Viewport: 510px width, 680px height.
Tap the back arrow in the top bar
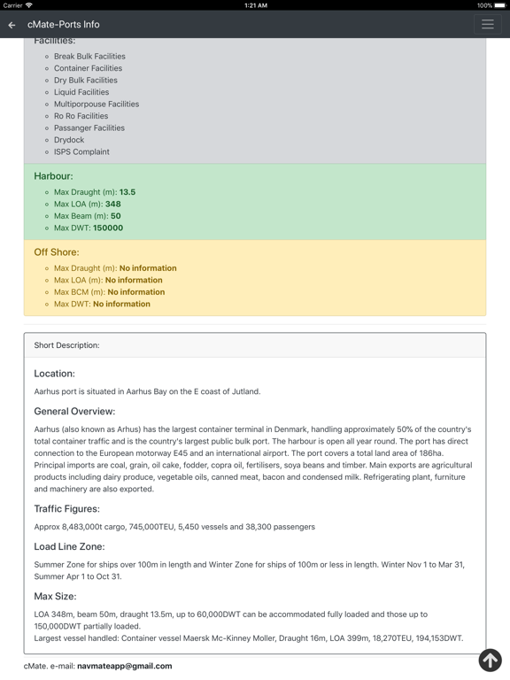click(12, 25)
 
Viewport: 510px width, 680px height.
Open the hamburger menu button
click(487, 25)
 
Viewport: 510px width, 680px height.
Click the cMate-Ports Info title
click(63, 25)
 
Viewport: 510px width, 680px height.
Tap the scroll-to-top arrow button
click(490, 660)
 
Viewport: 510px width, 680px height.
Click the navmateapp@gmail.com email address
click(124, 666)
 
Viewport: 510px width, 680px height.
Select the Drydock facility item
click(69, 140)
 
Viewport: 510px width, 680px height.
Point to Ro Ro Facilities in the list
click(81, 116)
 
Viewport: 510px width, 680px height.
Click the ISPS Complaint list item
click(81, 151)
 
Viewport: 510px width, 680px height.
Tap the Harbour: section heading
click(53, 176)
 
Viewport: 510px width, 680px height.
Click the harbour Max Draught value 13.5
click(127, 192)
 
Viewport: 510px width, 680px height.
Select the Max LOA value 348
click(112, 204)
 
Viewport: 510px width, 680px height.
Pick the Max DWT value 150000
click(108, 228)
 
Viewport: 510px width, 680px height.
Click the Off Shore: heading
click(57, 252)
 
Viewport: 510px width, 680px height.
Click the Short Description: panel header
click(67, 345)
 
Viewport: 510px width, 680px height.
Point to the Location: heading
click(54, 374)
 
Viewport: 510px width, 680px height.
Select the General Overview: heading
click(74, 411)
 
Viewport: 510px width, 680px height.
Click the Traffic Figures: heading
click(66, 509)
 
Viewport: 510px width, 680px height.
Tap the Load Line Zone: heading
click(69, 547)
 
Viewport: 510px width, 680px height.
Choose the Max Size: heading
click(55, 597)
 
